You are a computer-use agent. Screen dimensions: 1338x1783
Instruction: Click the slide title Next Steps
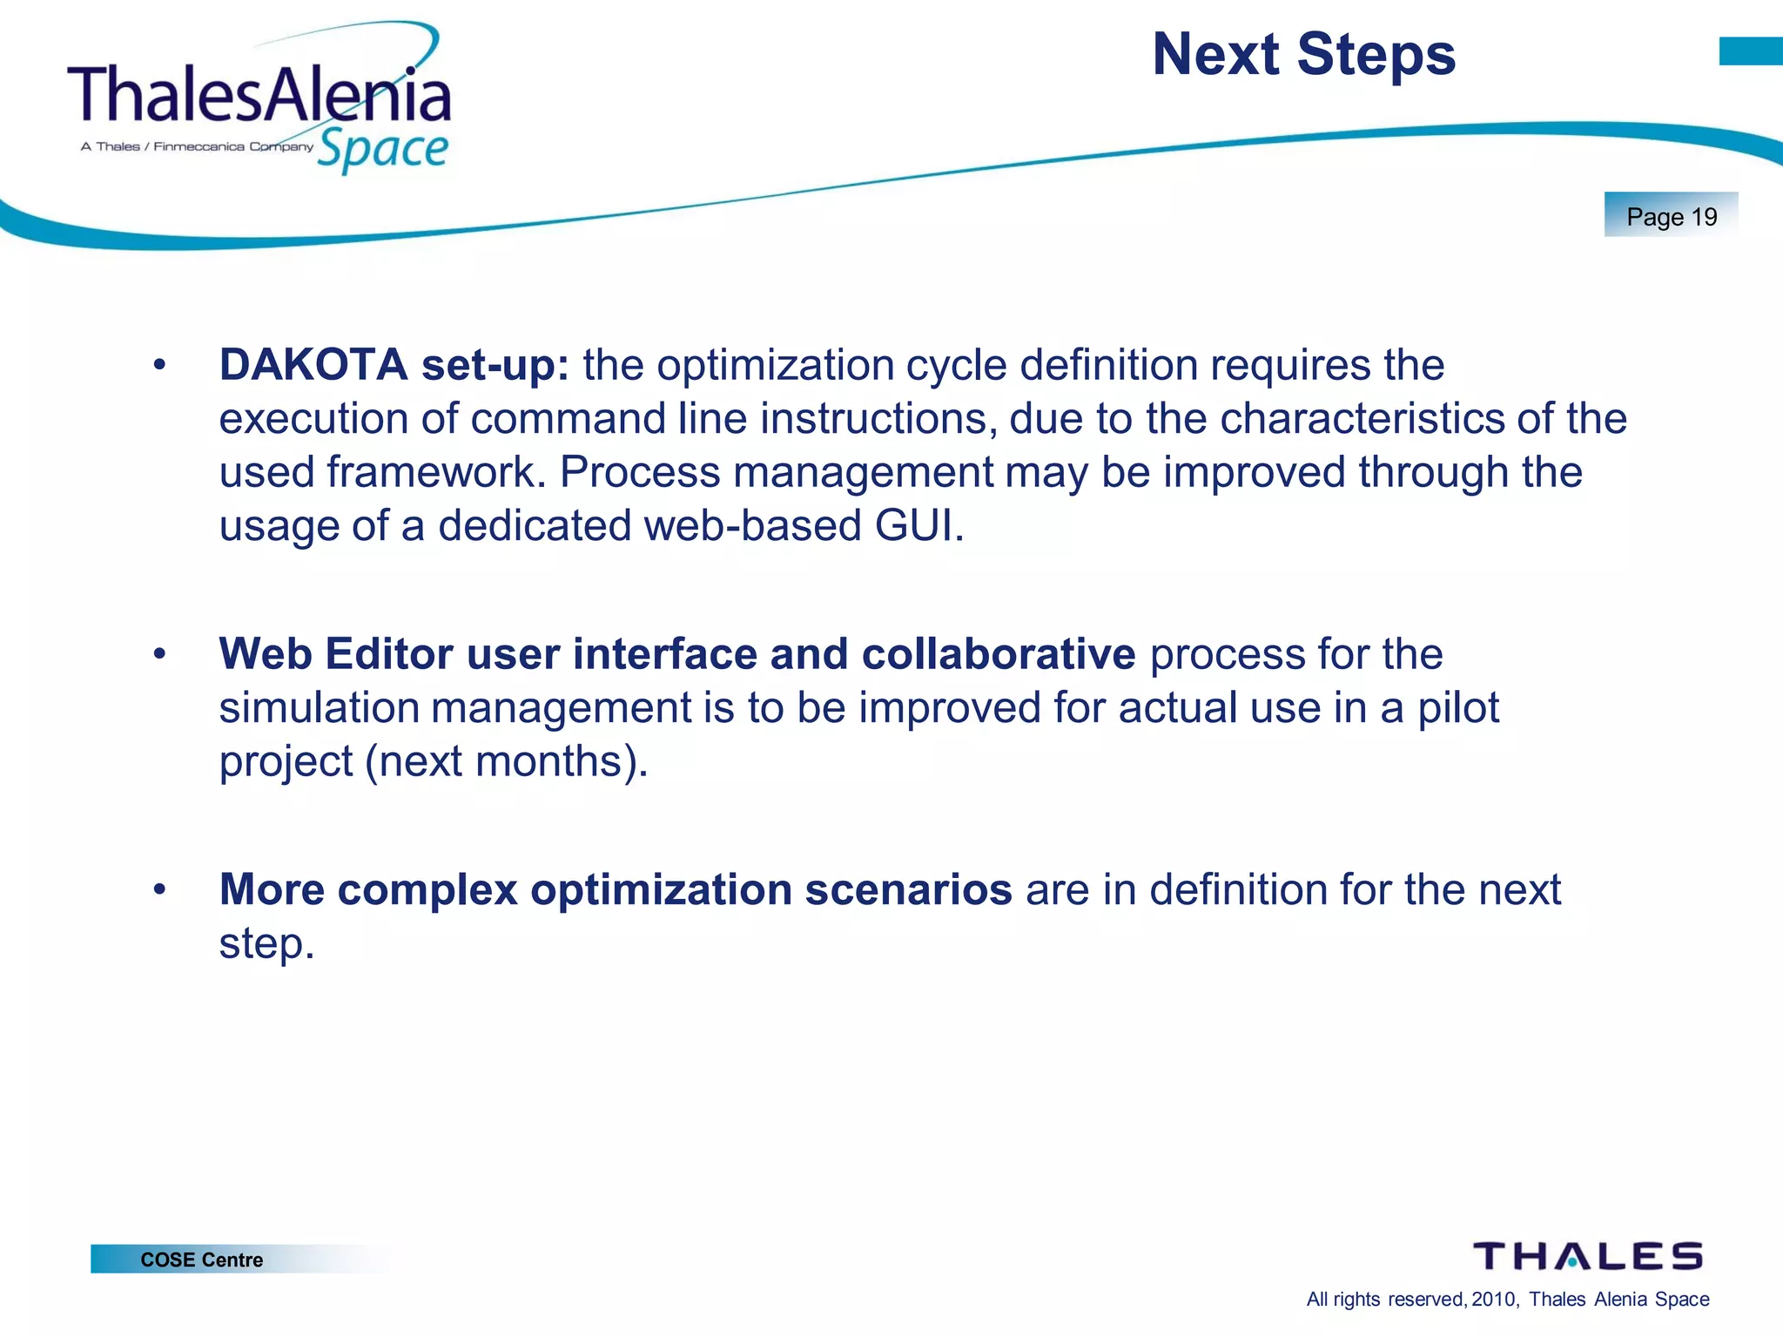tap(1303, 55)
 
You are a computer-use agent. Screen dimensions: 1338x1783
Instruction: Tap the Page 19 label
tap(1671, 216)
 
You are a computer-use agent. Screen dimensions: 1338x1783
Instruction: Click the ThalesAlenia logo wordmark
tap(259, 94)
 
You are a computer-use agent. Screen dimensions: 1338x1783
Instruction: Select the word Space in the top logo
tap(382, 150)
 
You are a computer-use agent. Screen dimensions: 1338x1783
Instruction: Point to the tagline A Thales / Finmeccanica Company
tap(197, 146)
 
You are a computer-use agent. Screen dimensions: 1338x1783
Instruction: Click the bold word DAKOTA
tap(313, 364)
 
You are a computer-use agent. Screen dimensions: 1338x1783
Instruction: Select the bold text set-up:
tap(495, 364)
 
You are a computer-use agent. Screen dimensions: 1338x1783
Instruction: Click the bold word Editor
tap(388, 653)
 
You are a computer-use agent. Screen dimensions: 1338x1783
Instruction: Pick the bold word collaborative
tap(998, 653)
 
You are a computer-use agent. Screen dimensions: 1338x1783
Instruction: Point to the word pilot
tap(1458, 707)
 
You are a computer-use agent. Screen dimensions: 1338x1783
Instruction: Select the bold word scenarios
tap(908, 889)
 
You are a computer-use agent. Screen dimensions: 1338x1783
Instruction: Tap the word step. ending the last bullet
tap(266, 943)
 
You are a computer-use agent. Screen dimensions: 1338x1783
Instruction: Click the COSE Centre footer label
tap(201, 1260)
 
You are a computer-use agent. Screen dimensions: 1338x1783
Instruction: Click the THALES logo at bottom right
tap(1587, 1256)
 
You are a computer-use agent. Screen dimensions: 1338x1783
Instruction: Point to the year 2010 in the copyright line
tap(1493, 1300)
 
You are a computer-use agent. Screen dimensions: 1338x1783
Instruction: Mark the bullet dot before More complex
tap(158, 890)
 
